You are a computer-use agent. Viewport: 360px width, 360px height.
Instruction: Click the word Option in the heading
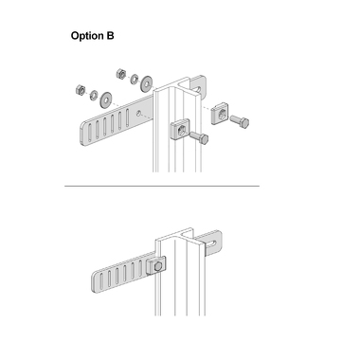88,36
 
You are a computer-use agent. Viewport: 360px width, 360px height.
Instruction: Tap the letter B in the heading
110,35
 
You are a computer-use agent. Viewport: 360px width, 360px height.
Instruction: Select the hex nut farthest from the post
81,90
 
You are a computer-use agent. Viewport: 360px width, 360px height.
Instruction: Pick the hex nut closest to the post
121,74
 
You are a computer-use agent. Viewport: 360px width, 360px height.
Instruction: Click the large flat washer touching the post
147,83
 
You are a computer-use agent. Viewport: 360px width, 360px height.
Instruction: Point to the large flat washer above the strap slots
106,99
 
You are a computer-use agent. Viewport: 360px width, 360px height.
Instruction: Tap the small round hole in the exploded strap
138,113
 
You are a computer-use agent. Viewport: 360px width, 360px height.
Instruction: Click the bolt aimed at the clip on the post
199,138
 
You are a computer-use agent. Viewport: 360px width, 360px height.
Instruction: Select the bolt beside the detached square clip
240,121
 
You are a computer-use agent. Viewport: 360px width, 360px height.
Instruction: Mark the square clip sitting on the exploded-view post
180,130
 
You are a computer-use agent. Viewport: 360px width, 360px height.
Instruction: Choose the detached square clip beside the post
221,114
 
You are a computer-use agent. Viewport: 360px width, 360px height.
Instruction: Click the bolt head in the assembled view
157,268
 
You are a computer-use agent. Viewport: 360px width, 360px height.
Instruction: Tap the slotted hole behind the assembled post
213,243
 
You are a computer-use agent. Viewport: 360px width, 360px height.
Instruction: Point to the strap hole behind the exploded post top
197,89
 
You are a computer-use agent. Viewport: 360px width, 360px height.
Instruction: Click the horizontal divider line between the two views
162,186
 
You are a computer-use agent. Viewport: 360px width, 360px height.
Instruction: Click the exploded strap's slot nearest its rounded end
90,133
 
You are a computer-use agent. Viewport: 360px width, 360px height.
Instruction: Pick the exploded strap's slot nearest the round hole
128,117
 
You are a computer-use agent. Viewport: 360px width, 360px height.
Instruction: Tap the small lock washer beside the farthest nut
94,95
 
